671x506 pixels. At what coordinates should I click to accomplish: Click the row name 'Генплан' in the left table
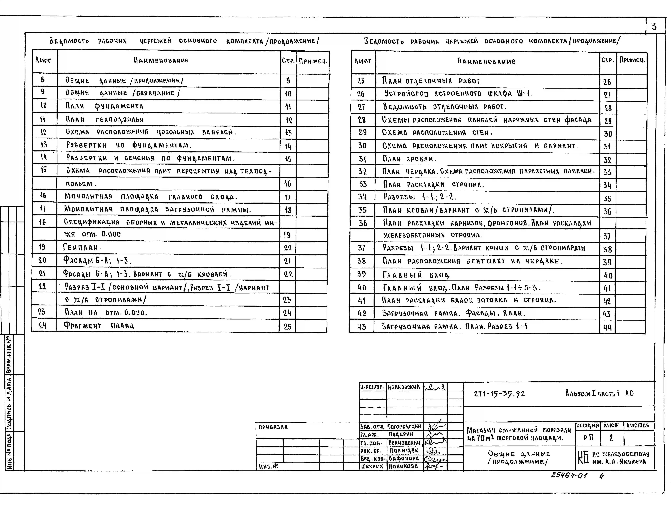pos(82,247)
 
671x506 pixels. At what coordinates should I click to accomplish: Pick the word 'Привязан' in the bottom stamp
pos(273,427)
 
